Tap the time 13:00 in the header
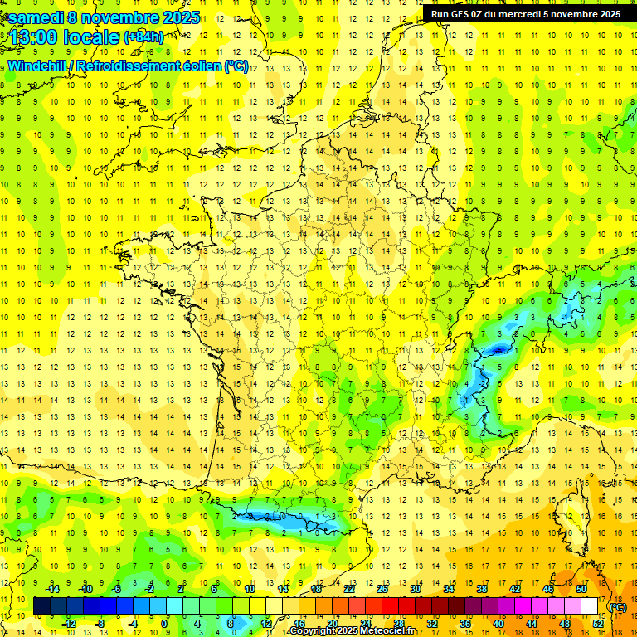[34, 37]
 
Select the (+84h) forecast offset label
[143, 37]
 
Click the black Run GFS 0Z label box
[525, 13]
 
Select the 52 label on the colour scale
[597, 624]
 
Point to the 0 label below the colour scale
[164, 624]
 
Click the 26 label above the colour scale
[382, 589]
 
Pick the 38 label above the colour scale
[481, 589]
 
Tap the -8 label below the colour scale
[100, 624]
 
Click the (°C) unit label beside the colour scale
[617, 607]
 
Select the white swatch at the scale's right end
[589, 606]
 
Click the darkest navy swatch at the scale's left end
[41, 606]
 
